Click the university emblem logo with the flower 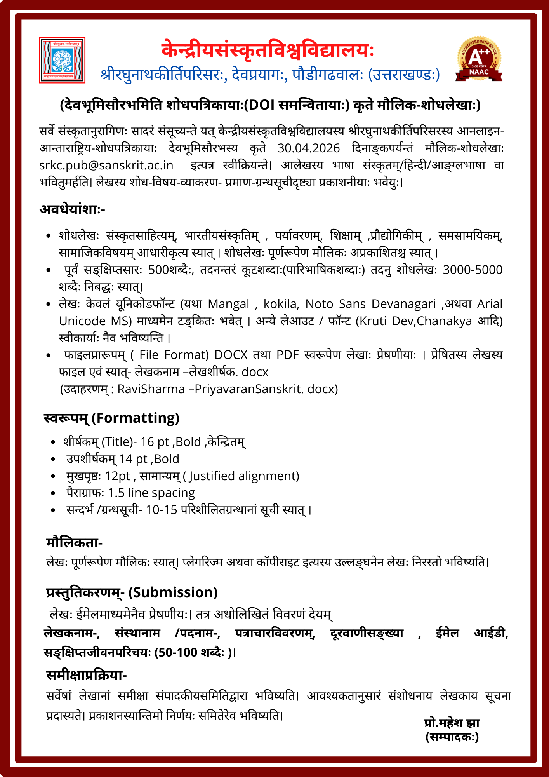click(x=62, y=60)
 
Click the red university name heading click(x=268, y=50)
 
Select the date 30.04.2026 click(x=309, y=148)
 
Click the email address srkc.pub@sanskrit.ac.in click(x=106, y=166)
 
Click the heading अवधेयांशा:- click(x=72, y=209)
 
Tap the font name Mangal click(x=229, y=304)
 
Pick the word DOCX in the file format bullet click(x=231, y=355)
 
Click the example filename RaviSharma click(x=151, y=389)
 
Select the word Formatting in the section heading click(x=138, y=418)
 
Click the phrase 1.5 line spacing click(x=151, y=493)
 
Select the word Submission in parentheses click(x=173, y=592)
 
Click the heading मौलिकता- click(x=74, y=543)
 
